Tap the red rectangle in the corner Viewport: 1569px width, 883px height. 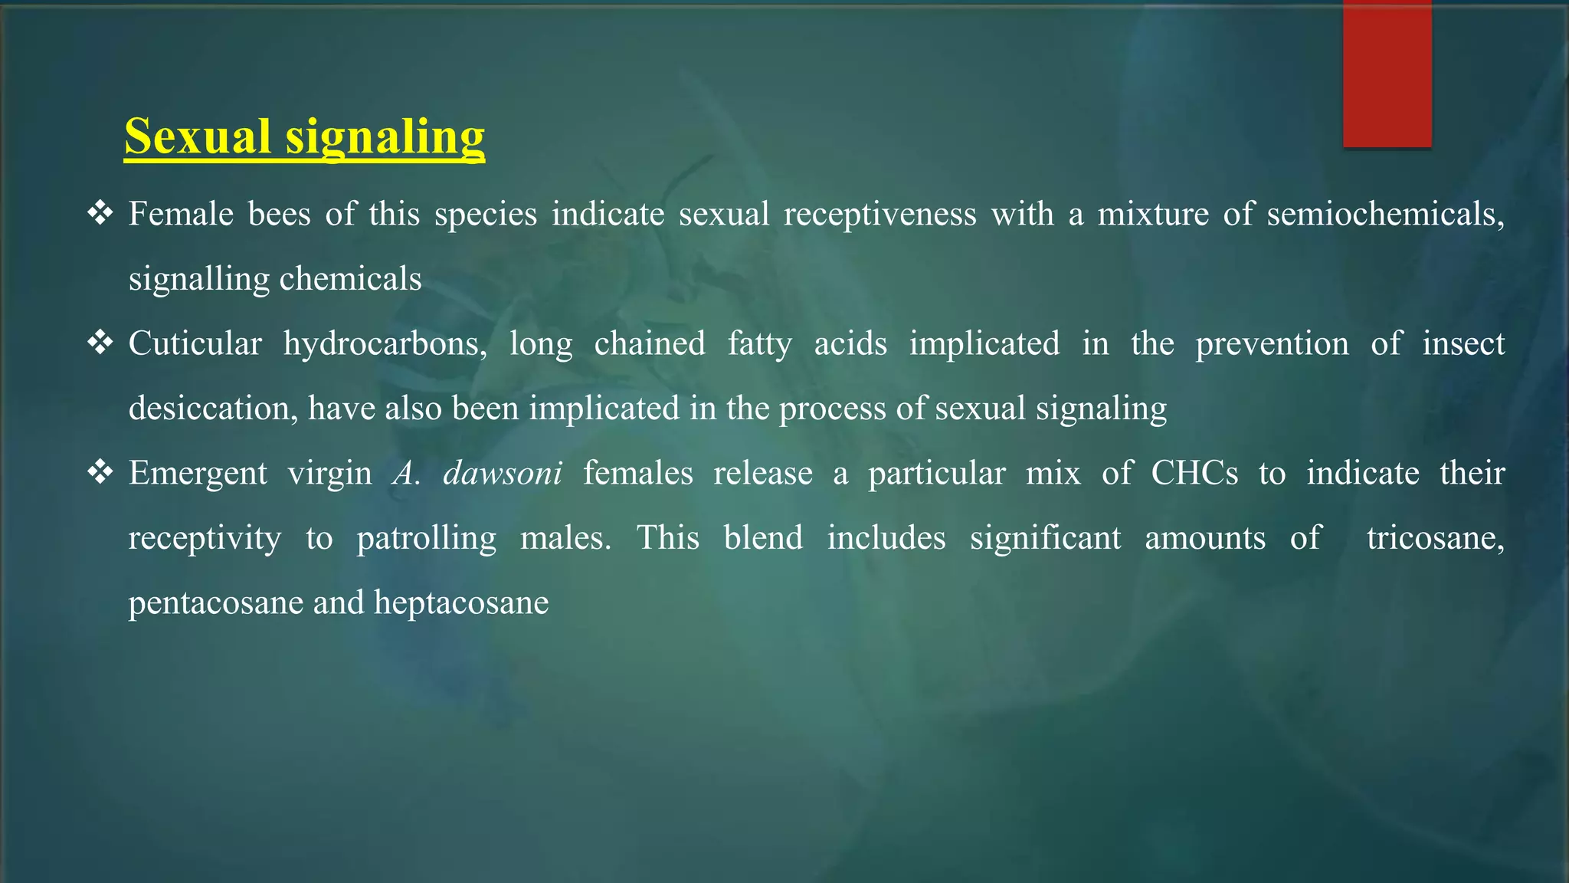coord(1387,74)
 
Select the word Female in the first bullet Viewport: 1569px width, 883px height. coord(181,214)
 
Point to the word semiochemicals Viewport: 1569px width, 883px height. coord(1384,214)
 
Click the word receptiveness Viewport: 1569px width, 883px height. coord(879,214)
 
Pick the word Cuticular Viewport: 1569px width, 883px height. coord(195,343)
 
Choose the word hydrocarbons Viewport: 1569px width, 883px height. coord(385,344)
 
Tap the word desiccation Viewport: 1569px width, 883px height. coord(212,409)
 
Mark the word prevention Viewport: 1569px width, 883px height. coord(1272,343)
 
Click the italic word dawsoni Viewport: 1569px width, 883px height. coord(503,473)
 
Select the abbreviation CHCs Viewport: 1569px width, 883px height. coord(1194,473)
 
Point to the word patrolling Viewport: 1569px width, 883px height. coord(426,538)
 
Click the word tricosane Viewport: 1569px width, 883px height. coord(1434,538)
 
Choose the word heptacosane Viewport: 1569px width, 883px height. coord(461,602)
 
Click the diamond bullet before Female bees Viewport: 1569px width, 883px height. coord(100,212)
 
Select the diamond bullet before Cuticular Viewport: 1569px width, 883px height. coord(100,342)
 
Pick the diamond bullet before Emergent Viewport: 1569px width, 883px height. coord(100,471)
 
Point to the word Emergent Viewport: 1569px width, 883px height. coord(198,474)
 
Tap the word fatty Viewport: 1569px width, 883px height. coord(759,343)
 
